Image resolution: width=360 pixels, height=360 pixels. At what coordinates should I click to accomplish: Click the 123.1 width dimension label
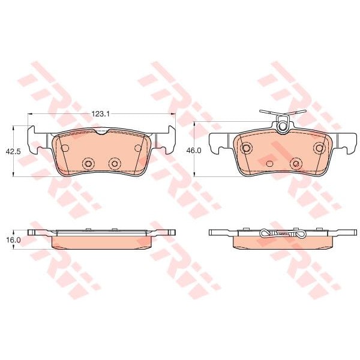[x=101, y=113]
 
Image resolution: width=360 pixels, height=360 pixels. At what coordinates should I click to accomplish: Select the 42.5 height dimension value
[x=13, y=152]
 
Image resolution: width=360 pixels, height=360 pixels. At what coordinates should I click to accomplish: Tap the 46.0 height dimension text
[x=194, y=151]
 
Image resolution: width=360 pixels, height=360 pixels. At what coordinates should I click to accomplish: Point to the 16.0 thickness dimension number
[x=13, y=240]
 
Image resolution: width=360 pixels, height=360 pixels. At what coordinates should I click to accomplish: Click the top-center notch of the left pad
[x=102, y=132]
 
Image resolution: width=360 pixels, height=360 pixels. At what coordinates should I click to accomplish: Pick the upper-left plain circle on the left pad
[x=65, y=148]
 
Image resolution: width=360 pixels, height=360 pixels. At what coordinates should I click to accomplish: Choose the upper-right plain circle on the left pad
[x=138, y=148]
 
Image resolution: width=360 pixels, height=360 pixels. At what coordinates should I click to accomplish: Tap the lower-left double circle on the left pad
[x=88, y=163]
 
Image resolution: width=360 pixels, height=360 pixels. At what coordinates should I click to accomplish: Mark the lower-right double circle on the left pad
[x=115, y=163]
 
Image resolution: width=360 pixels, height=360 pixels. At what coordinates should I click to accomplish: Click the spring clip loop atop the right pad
[x=283, y=127]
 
